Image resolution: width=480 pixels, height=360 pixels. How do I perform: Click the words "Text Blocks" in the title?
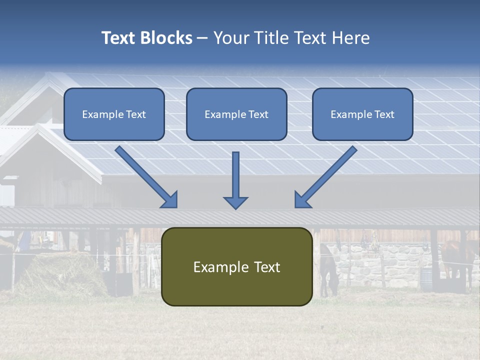[146, 38]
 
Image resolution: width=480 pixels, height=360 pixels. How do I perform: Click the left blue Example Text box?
[114, 114]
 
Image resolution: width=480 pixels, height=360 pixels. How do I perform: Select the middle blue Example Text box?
[236, 114]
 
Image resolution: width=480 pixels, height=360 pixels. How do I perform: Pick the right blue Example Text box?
[362, 114]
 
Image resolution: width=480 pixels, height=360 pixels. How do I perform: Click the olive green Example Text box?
[236, 266]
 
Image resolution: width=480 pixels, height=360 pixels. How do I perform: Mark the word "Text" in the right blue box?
[384, 114]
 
